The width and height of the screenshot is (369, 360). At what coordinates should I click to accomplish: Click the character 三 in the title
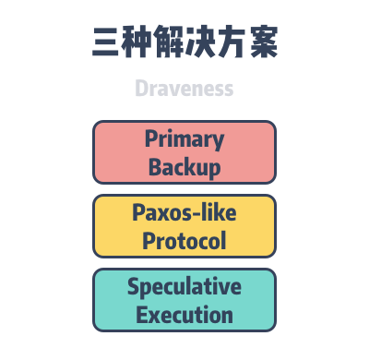108,43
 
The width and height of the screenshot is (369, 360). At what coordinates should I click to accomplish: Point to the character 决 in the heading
200,43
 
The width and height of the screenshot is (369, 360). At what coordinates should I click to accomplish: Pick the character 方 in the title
231,43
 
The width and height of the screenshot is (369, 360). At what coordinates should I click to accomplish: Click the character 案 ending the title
262,43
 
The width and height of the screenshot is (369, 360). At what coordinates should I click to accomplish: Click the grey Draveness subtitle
184,89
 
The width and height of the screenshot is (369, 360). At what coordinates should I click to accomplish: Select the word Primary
184,139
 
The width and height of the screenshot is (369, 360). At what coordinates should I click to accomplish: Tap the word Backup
184,167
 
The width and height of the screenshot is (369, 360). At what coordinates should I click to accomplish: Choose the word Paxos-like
184,213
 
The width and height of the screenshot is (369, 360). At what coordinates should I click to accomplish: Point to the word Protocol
184,241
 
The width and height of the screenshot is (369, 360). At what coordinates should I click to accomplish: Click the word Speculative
184,287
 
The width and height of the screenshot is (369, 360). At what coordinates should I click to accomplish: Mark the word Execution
184,315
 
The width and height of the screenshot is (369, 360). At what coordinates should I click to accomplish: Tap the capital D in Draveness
141,89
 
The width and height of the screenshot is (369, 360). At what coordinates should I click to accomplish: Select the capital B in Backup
155,167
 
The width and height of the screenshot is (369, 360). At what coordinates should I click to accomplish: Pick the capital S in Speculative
134,286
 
